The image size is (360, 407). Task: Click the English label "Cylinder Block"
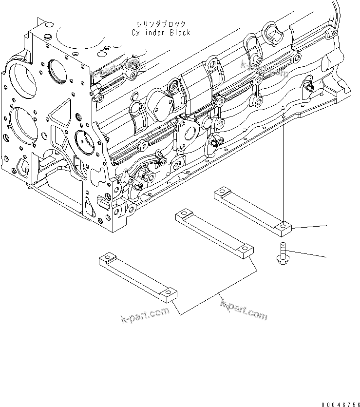tap(161, 33)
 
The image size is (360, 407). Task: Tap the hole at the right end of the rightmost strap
tap(284, 225)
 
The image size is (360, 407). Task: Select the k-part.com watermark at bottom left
tap(145, 315)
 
